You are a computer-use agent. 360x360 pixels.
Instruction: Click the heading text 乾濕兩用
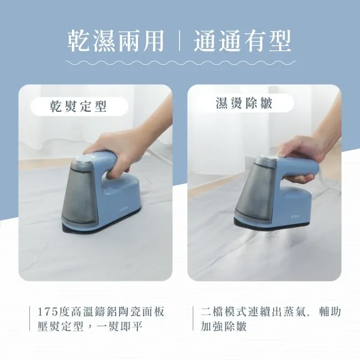click(x=116, y=42)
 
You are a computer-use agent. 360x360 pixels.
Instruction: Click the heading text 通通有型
click(x=243, y=42)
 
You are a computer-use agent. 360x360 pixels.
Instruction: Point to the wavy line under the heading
click(x=180, y=63)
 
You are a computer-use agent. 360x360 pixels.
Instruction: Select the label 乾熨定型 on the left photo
click(x=79, y=105)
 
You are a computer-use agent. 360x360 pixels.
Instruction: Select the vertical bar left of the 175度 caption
click(x=29, y=318)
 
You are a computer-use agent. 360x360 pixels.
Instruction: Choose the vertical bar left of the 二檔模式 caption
click(x=193, y=318)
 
